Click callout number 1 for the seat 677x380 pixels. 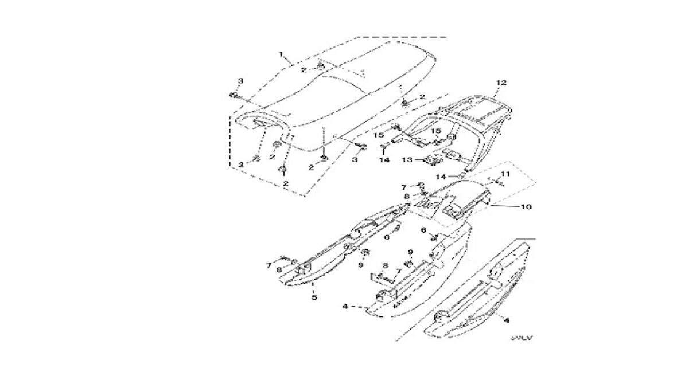point(281,54)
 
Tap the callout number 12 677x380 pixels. point(501,83)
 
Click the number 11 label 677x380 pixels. point(505,174)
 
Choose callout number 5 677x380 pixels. point(314,296)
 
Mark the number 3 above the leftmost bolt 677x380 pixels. point(241,80)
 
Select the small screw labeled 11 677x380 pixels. point(497,183)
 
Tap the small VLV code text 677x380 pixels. point(521,338)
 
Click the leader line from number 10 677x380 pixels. point(505,205)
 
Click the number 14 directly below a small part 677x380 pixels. point(384,160)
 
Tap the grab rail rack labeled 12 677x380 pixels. point(476,115)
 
